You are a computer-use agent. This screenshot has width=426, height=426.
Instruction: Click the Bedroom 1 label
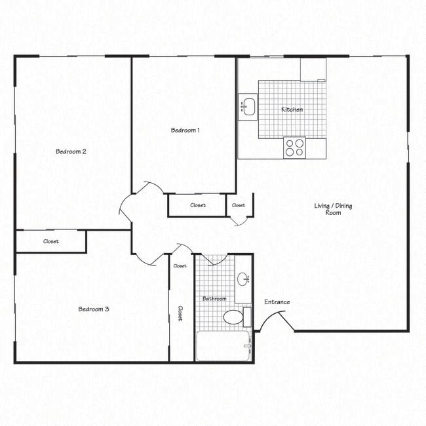click(185, 130)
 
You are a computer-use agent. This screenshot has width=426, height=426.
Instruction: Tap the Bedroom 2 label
click(71, 151)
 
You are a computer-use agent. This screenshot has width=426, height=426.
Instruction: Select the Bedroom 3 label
click(94, 309)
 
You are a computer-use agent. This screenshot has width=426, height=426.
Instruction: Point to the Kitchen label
click(292, 109)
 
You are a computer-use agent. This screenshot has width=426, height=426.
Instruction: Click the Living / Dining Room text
click(333, 209)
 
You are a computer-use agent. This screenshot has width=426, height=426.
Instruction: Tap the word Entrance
click(277, 302)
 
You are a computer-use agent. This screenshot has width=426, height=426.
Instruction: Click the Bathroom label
click(214, 299)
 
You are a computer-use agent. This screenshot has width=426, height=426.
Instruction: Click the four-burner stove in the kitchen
click(294, 147)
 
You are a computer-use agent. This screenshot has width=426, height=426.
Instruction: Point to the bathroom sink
click(243, 279)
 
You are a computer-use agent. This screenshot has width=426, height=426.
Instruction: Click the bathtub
click(223, 346)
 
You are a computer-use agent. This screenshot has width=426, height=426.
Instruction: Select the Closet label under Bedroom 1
click(198, 205)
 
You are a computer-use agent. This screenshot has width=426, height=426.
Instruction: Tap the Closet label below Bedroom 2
click(50, 241)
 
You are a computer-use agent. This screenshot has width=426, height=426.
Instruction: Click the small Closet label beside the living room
click(239, 205)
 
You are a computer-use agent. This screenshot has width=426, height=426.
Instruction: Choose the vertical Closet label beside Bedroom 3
click(180, 313)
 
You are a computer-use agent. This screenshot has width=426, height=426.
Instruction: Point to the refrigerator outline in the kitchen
click(313, 69)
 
